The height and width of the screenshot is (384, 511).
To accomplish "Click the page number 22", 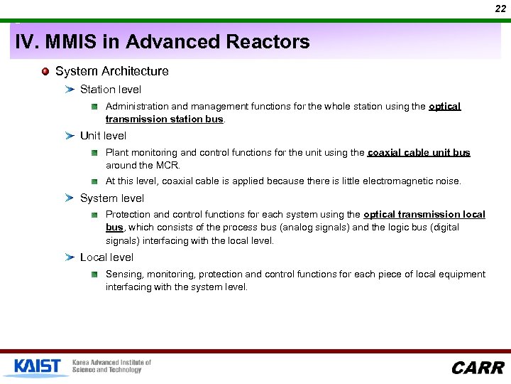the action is coord(500,9).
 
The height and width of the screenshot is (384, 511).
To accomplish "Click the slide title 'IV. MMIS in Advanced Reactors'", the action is coord(163,42).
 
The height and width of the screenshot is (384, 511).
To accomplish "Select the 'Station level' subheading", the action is coord(111,90).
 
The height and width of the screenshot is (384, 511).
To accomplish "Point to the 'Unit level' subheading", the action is coord(103,136).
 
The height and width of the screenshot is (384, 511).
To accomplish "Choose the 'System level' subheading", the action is coord(112,198).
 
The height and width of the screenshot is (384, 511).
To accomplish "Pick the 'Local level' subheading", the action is coord(106,257).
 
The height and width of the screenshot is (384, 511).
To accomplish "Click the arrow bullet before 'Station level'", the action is coord(70,90).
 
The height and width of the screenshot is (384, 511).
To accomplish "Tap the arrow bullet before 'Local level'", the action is coord(70,257).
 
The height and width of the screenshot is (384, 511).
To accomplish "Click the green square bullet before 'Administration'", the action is coord(94,107).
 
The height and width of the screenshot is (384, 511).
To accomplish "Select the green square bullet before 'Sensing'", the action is coord(94,274).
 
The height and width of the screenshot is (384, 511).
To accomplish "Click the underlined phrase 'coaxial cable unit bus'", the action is coord(419,152).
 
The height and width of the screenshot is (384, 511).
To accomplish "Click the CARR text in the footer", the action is coord(477,368).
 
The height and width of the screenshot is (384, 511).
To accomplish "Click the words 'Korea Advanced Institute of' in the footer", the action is coord(111,363).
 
